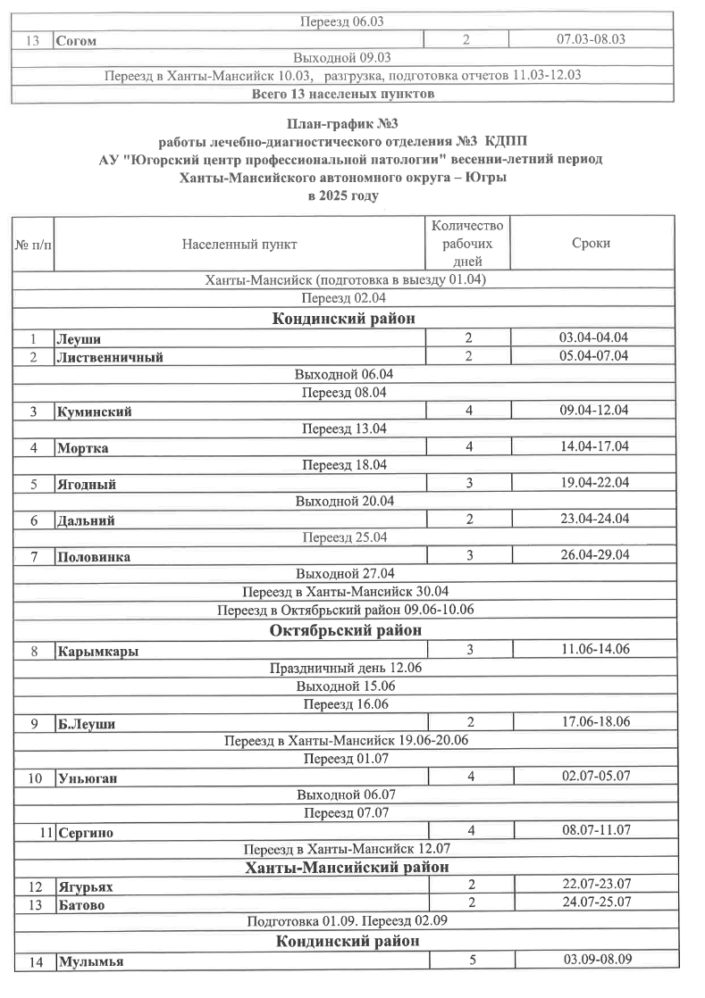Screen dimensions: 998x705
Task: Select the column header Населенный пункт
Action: point(239,244)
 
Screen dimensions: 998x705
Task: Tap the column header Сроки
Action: point(591,244)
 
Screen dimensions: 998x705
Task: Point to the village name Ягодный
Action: point(86,485)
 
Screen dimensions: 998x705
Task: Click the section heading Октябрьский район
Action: point(346,631)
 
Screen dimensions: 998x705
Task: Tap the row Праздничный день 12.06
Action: point(346,669)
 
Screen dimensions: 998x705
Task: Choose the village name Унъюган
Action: point(87,778)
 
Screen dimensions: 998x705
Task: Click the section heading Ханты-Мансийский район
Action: point(346,867)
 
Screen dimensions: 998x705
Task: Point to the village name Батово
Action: point(80,904)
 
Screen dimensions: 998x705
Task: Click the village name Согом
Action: point(76,41)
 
